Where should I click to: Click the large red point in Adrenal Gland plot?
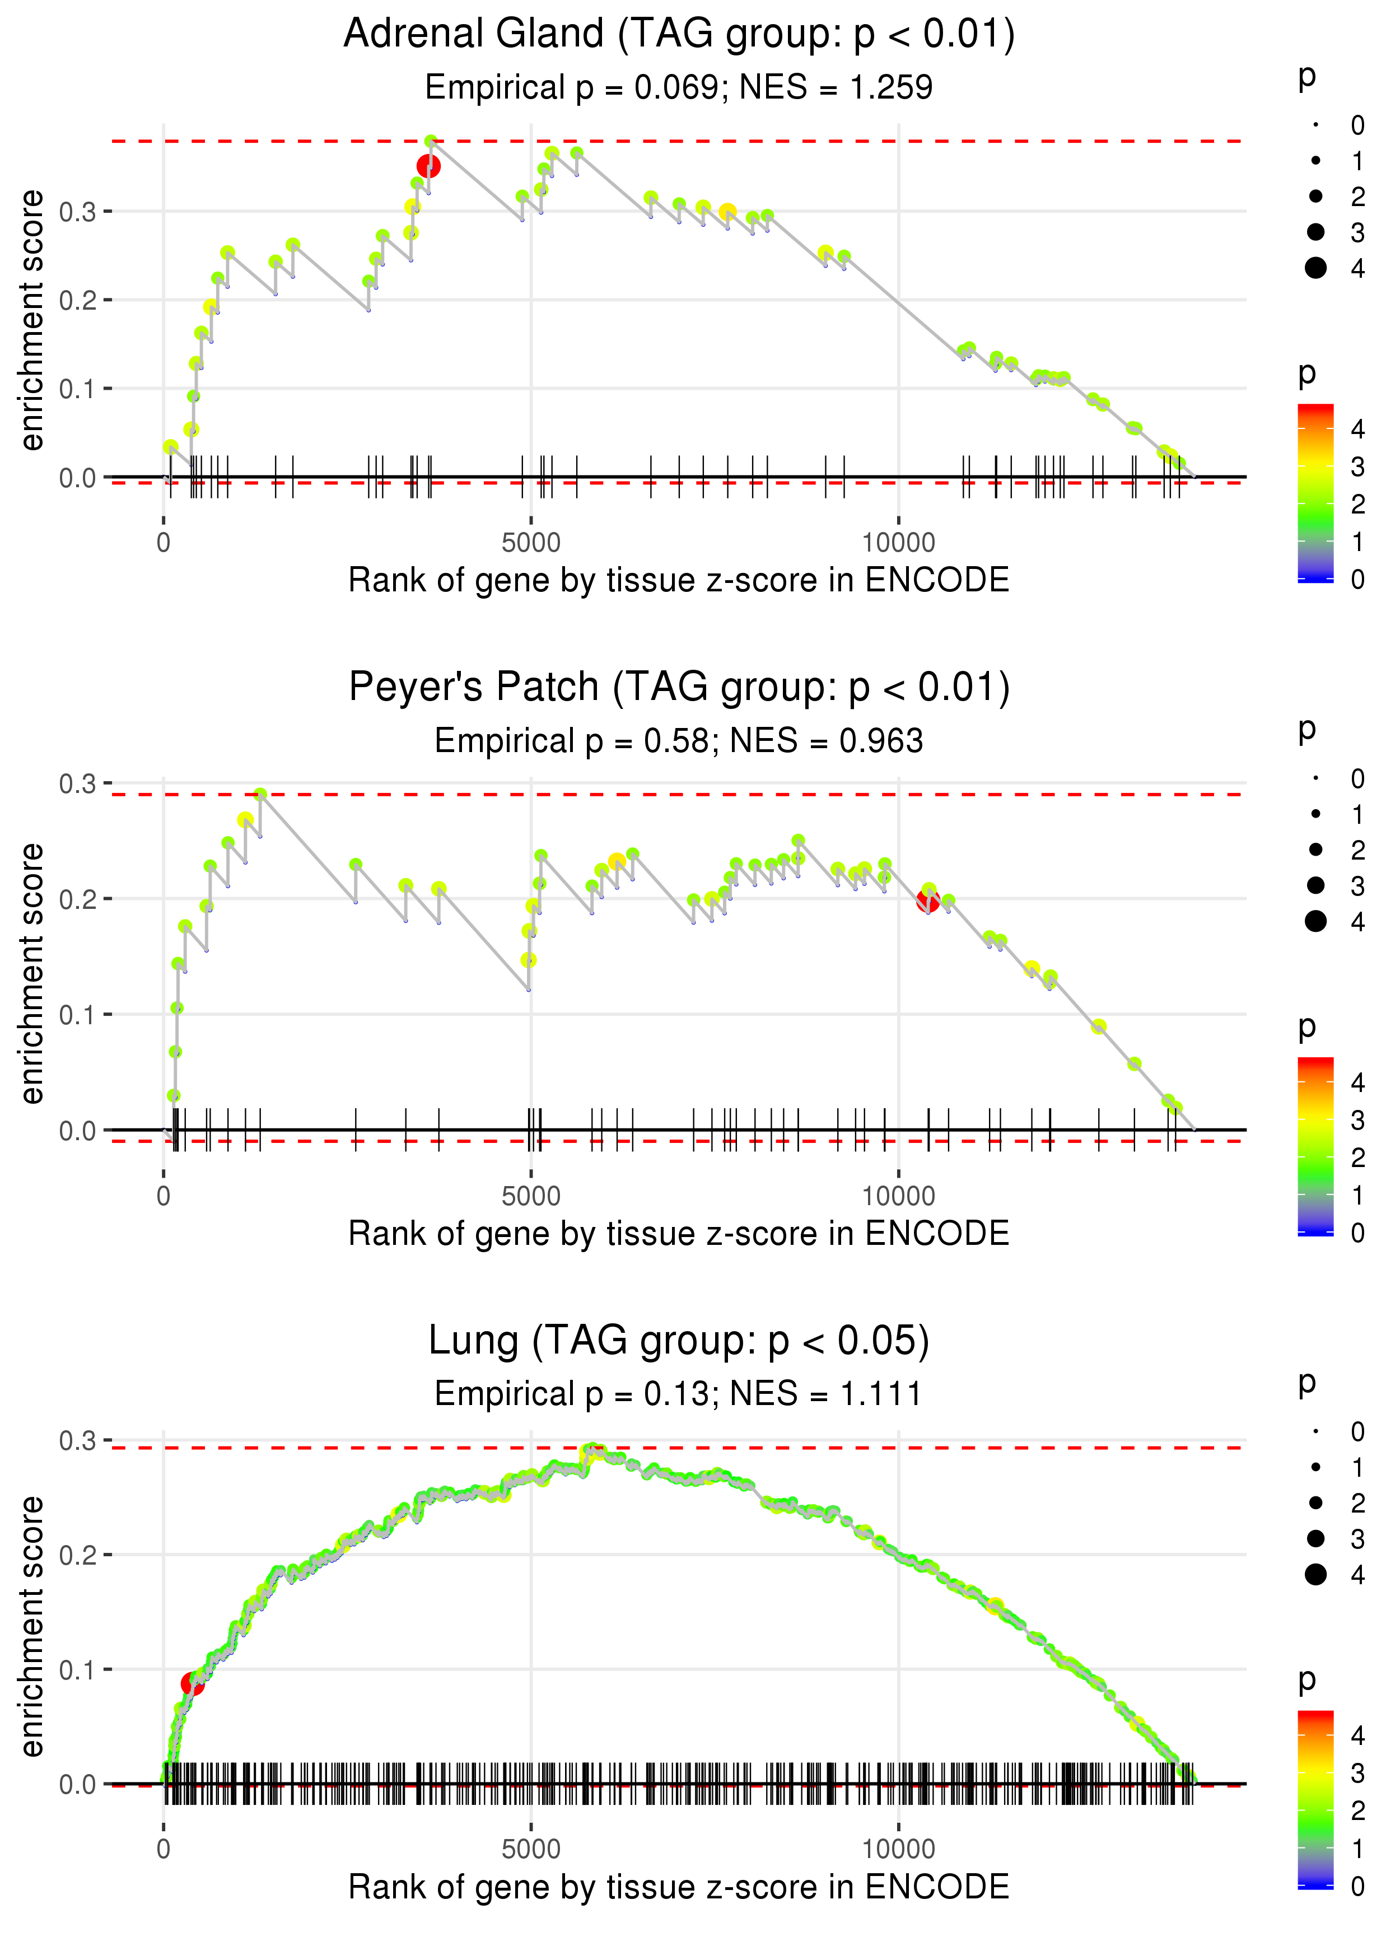428,166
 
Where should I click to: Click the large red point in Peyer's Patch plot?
927,902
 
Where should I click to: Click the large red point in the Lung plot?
192,1683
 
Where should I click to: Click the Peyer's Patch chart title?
679,688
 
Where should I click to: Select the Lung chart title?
679,1341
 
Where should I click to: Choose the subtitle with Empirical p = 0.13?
679,1394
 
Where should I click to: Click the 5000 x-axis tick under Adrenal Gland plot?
531,543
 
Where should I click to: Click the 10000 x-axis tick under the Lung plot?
898,1850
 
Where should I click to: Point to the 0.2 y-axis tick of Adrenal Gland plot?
78,300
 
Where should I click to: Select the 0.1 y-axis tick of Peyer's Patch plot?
78,1015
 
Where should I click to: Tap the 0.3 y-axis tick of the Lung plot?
78,1440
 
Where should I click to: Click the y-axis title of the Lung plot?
32,1626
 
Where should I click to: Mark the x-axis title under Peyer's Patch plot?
679,1234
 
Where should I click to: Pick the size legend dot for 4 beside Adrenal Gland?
1315,268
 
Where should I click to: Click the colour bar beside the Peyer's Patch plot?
1315,1146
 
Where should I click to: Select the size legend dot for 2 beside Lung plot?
1315,1503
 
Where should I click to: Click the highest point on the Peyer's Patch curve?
259,795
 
